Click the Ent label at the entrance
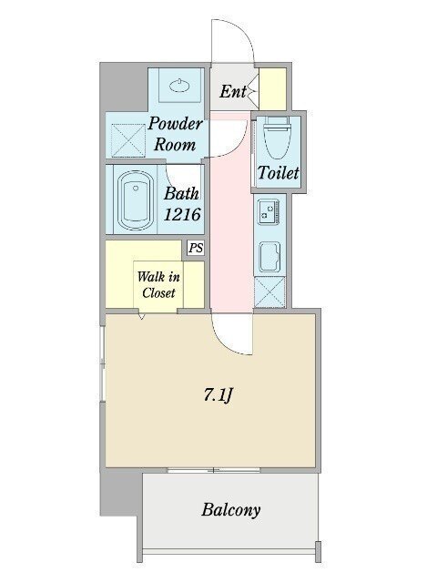point(233,91)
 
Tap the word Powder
point(175,125)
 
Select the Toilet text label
point(278,172)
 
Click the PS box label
point(196,248)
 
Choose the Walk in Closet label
point(157,283)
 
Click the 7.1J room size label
point(219,396)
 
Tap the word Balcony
point(230,509)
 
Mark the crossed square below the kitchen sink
point(270,291)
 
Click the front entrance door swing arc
point(231,41)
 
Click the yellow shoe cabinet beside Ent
point(274,89)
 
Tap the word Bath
point(181,194)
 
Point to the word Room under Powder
point(175,144)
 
